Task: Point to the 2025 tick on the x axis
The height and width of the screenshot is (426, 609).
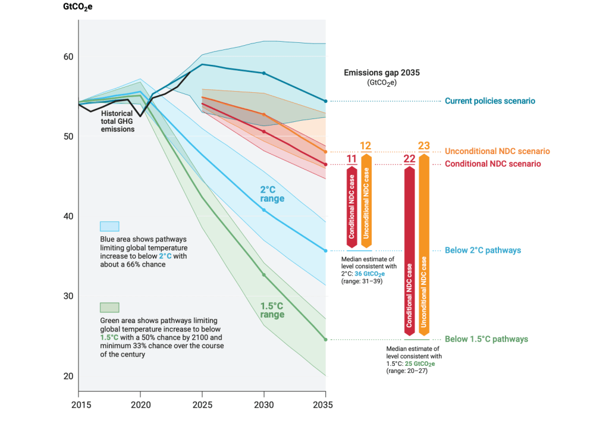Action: [202, 403]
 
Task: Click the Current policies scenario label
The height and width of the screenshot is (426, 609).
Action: [489, 101]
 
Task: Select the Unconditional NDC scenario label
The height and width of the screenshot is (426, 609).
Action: [497, 152]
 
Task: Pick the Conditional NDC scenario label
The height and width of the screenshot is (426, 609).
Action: [493, 164]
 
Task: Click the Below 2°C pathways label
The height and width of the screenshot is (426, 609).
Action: [483, 250]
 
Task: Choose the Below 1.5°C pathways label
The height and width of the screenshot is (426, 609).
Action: [486, 339]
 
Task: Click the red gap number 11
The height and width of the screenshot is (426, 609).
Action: [351, 159]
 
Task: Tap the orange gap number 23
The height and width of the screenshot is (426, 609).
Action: [424, 146]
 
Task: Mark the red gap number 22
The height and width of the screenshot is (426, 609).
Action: [410, 159]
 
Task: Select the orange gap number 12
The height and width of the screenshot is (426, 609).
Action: [366, 146]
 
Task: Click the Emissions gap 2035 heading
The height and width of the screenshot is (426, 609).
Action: [382, 73]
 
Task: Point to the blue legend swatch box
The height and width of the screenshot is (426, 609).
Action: [109, 226]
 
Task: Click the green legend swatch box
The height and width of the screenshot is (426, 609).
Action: [109, 307]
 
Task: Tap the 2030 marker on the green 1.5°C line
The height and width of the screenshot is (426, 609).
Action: [264, 275]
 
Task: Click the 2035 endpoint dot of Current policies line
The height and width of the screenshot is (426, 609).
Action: [325, 101]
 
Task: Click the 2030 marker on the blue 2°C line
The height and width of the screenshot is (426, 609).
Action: [264, 210]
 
